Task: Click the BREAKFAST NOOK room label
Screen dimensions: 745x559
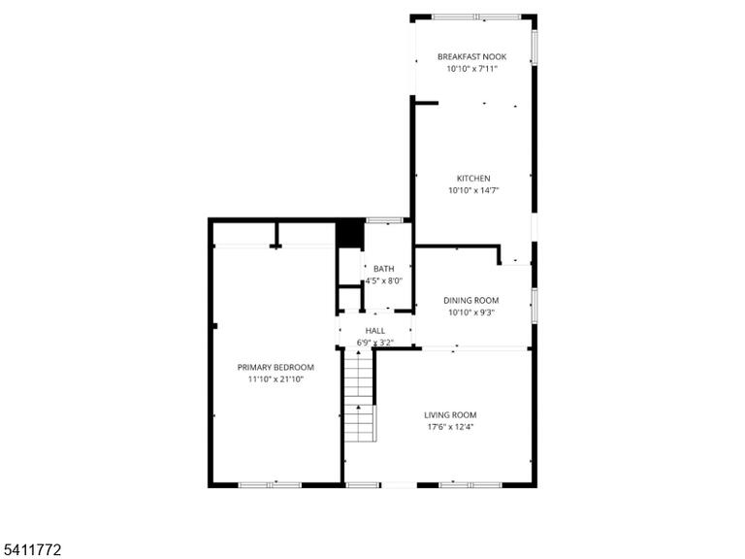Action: point(471,56)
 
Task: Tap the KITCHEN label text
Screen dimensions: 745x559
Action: point(473,179)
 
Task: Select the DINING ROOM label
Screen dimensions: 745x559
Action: point(470,301)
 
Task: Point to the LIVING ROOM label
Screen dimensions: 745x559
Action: point(450,415)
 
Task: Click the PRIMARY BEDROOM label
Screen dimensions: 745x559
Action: point(275,367)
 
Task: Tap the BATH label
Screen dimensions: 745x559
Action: point(383,269)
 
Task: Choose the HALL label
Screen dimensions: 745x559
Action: point(374,330)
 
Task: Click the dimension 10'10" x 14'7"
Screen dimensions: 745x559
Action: point(473,190)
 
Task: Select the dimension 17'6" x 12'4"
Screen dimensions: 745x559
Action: point(450,427)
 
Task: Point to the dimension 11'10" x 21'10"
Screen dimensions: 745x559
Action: point(275,379)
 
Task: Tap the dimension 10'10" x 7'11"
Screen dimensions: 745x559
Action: point(471,69)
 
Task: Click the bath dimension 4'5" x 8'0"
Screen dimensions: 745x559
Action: point(383,280)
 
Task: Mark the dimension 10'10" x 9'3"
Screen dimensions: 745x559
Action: point(470,312)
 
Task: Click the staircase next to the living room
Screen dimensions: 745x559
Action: point(359,396)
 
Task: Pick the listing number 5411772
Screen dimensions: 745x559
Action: point(31,550)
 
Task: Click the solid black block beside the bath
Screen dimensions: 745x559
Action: point(349,233)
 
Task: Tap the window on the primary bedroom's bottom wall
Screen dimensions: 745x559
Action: point(270,485)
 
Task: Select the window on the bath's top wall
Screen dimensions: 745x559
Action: point(384,220)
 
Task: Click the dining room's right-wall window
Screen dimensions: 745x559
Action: point(534,306)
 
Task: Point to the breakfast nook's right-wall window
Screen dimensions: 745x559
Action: point(534,47)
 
